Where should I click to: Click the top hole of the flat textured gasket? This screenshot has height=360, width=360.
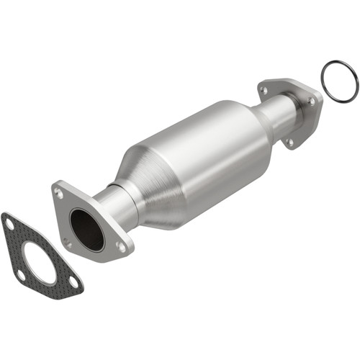[x=9, y=225]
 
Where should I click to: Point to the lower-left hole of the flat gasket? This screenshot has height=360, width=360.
[x=21, y=274]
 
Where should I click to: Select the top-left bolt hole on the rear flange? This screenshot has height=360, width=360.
[x=265, y=90]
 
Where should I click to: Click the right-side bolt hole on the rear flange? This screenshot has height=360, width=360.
[x=312, y=102]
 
